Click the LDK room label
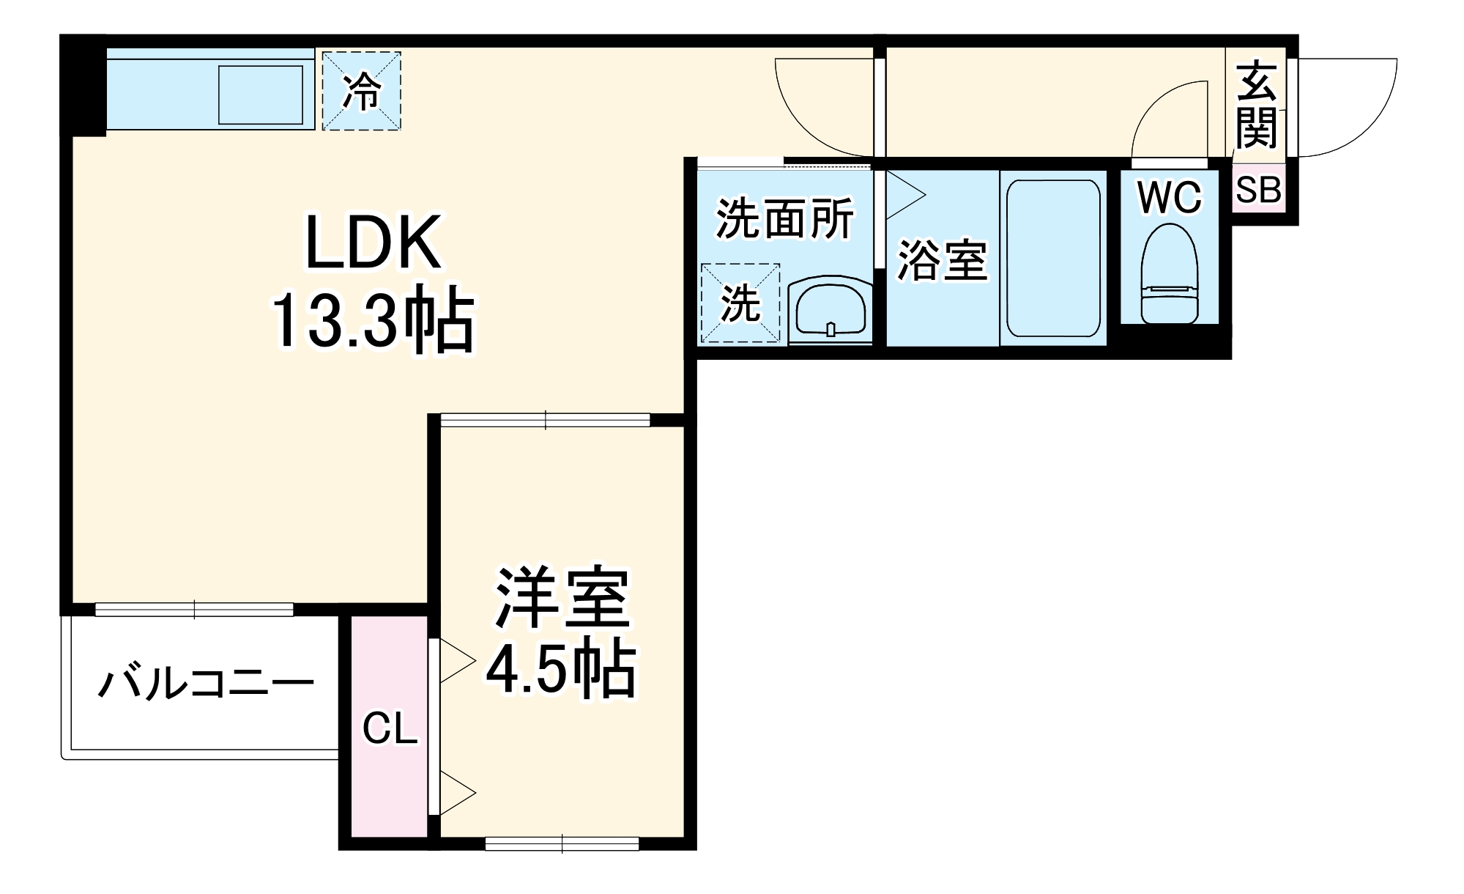coord(374,243)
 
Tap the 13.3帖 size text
coord(374,321)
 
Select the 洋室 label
coord(562,598)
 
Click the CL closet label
coord(390,728)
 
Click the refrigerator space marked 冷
coord(362,91)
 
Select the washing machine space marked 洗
coord(740,303)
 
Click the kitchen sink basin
coord(261,95)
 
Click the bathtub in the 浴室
coord(1053,258)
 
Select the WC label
coord(1170,196)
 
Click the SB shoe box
coord(1258,190)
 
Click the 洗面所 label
coord(784,218)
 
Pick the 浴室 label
coord(942,260)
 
